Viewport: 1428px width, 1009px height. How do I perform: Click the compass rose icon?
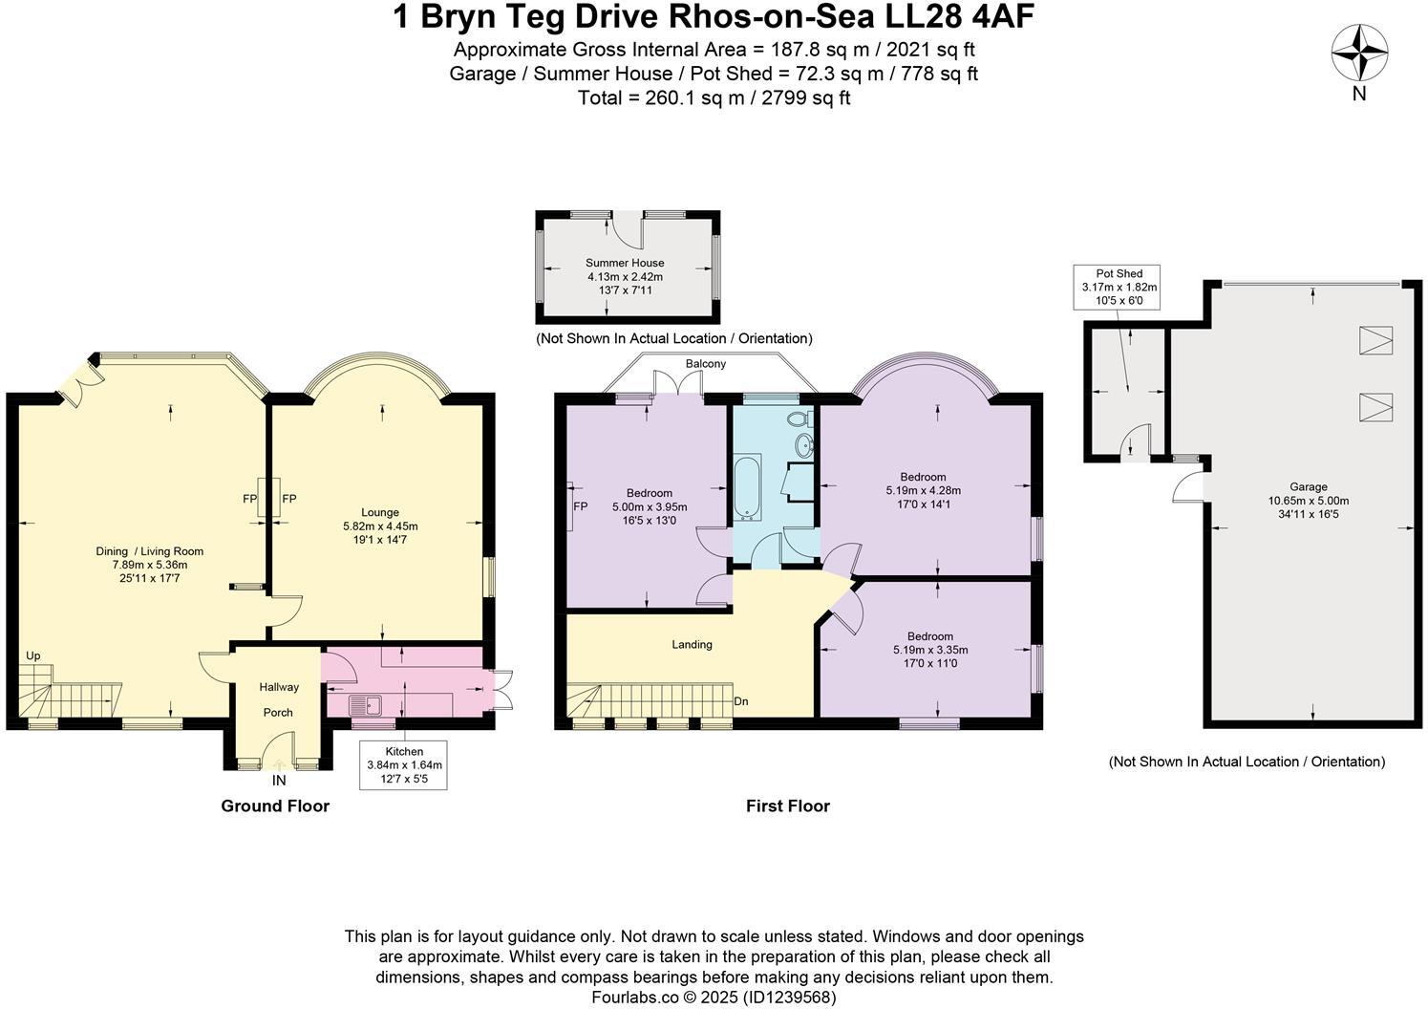(x=1359, y=54)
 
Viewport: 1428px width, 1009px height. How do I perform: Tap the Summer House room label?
(x=625, y=263)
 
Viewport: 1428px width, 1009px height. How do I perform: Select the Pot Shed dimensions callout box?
(x=1119, y=287)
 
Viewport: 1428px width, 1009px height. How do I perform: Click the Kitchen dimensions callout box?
(x=404, y=764)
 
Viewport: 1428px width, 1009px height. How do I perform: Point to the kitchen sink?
(x=365, y=706)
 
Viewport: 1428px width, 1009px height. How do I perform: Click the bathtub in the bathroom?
(x=746, y=488)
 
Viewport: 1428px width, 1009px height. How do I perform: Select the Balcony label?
(x=705, y=364)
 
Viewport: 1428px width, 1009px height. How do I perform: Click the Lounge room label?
(x=380, y=512)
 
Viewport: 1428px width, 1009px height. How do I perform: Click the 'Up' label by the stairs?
(x=33, y=655)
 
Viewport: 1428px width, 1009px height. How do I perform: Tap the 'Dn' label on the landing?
(x=740, y=701)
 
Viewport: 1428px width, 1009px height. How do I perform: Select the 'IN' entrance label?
(x=279, y=781)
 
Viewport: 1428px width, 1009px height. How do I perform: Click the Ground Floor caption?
(x=275, y=805)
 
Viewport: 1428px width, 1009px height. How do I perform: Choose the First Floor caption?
(x=787, y=805)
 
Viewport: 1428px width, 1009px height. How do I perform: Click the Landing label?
(x=692, y=644)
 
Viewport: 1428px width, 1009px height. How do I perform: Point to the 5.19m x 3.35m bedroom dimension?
(x=929, y=650)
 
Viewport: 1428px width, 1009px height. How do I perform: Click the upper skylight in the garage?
(x=1375, y=340)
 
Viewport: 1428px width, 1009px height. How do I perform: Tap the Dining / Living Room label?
(x=150, y=551)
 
